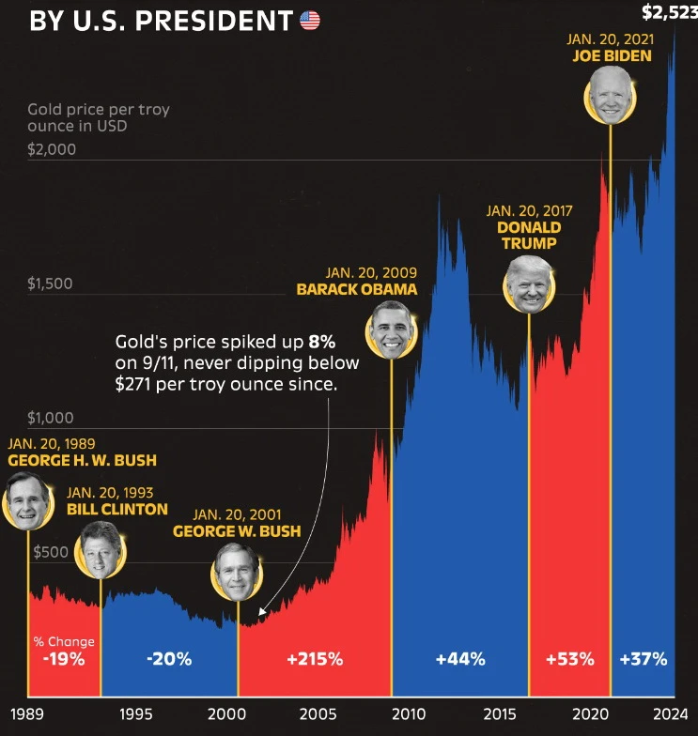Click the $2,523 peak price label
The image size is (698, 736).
669,12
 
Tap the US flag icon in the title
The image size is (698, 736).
310,20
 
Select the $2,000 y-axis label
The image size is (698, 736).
53,149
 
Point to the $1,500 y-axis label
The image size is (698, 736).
51,284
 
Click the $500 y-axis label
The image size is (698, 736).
51,552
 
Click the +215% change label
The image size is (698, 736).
315,659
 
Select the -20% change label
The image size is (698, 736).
169,659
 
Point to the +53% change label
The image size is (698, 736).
569,659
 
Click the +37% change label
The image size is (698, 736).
644,659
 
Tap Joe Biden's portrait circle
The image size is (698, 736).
611,96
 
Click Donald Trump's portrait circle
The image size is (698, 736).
529,284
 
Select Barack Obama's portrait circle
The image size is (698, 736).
390,330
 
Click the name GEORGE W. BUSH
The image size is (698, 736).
237,531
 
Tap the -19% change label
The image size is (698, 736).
64,659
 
